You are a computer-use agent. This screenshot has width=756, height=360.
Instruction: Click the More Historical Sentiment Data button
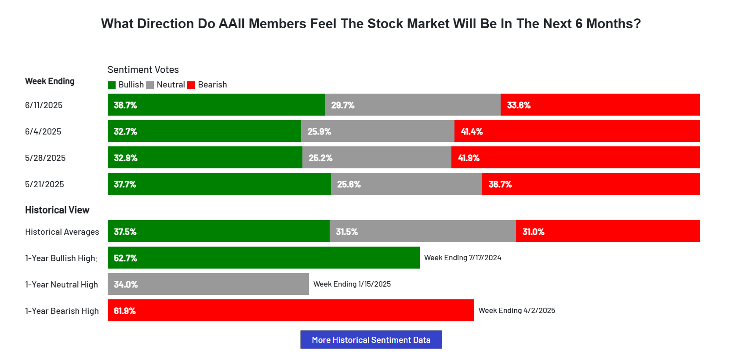[x=371, y=340]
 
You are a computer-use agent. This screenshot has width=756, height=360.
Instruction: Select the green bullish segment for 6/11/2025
[x=216, y=105]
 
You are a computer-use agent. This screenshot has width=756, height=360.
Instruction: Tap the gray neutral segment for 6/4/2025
[x=378, y=131]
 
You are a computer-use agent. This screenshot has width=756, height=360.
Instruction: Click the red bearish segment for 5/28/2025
[x=575, y=157]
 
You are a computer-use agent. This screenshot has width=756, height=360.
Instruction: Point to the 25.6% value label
[x=349, y=184]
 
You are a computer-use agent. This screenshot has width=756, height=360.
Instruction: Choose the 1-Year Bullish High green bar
[x=263, y=258]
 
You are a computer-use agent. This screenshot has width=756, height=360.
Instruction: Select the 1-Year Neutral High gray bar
[x=208, y=284]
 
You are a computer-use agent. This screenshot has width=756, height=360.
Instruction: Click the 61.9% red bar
[x=291, y=310]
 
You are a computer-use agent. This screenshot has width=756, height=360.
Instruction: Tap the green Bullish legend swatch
[x=112, y=85]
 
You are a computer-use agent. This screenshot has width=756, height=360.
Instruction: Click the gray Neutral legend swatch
[x=150, y=85]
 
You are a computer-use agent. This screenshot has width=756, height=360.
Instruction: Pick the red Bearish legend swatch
[x=191, y=85]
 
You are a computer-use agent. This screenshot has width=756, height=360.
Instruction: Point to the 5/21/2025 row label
[x=44, y=184]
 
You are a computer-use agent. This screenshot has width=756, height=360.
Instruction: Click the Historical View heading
[x=57, y=210]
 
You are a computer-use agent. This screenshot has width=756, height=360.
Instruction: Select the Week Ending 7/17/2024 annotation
[x=462, y=258]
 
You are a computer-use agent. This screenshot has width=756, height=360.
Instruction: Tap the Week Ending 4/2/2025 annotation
[x=516, y=310]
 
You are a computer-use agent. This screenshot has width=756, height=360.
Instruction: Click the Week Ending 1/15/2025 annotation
[x=352, y=284]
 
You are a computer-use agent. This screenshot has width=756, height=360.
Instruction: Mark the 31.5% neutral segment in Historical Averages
[x=422, y=231]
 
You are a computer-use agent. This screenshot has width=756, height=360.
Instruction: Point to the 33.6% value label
[x=519, y=105]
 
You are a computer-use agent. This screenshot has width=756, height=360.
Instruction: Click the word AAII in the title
[x=232, y=24]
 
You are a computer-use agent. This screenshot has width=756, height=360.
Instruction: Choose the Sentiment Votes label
[x=143, y=69]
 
